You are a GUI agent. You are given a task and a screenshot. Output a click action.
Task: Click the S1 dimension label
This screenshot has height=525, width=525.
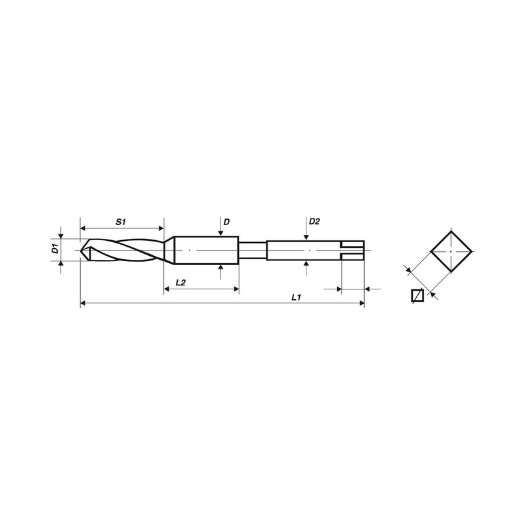click(x=121, y=222)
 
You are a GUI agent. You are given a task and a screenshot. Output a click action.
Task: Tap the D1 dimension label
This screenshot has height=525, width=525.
click(x=56, y=249)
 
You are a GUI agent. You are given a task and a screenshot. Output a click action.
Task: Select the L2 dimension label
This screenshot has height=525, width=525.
click(x=180, y=282)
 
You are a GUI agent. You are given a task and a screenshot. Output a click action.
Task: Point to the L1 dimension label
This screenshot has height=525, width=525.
click(x=295, y=297)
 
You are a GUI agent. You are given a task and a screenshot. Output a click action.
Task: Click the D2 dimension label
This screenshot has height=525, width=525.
click(x=314, y=222)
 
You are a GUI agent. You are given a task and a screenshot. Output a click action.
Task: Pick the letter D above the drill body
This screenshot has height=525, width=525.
click(x=226, y=222)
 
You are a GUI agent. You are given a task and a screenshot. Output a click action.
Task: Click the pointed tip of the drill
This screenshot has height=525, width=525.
click(x=83, y=250)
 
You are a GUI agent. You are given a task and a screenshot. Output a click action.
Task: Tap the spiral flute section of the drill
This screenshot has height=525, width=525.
click(x=125, y=250)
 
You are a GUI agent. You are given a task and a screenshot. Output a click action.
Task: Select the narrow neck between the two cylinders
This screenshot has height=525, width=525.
click(x=252, y=249)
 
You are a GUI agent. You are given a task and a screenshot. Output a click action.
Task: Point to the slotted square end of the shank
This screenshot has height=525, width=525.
click(x=352, y=250)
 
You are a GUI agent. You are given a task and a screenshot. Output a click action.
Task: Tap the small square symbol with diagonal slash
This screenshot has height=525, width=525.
click(x=415, y=296)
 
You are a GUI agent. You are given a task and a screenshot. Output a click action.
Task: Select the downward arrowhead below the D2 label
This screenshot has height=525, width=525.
click(x=307, y=238)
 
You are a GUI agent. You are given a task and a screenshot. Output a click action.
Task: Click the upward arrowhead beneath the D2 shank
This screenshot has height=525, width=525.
click(x=307, y=263)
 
